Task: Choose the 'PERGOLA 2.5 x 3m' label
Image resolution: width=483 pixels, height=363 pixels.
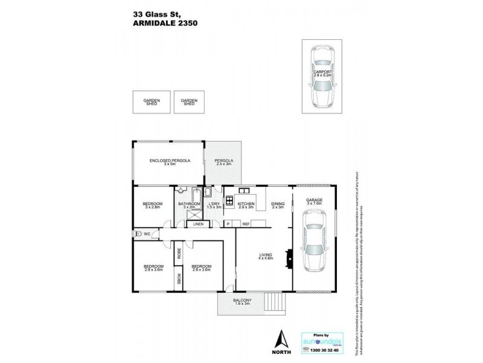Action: tap(223, 162)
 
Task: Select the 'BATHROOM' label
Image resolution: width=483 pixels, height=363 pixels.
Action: tap(189, 204)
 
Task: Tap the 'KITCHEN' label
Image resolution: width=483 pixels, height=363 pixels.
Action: tap(246, 204)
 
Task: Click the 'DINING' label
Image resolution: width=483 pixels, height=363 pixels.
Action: tap(278, 204)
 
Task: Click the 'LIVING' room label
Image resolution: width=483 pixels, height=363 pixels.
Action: tap(266, 255)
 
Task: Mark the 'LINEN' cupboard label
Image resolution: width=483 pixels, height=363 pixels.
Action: tap(198, 224)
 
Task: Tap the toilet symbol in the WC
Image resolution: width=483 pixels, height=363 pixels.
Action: tap(139, 234)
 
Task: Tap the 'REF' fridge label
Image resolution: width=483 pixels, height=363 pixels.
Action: tap(246, 224)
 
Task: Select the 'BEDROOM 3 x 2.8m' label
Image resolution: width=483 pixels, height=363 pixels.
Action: tap(153, 205)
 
